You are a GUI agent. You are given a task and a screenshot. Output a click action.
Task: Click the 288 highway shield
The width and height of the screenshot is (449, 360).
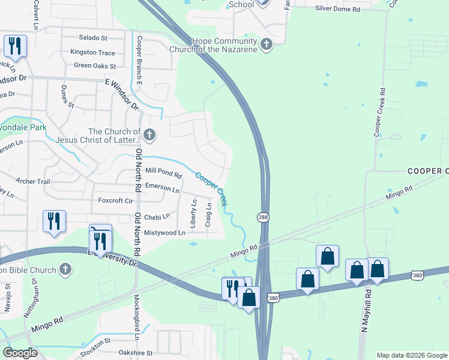coord(263,217)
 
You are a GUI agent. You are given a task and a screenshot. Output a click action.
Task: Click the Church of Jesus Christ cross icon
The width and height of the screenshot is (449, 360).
coord(149,136)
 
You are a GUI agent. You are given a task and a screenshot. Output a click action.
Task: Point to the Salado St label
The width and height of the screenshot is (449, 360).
coord(93,37)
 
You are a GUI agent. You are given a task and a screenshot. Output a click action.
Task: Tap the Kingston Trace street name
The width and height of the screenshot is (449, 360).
coord(92,52)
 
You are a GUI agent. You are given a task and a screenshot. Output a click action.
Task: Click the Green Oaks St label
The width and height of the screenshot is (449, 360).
coord(94,65)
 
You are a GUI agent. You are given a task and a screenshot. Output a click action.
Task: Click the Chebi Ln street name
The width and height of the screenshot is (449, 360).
coord(157,216)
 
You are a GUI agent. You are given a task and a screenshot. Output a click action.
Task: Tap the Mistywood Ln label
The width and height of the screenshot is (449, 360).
coord(164,232)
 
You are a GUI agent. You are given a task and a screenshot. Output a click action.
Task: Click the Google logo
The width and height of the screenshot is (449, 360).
coord(20,353)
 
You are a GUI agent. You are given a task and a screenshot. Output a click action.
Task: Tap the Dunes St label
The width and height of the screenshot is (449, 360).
coord(67,96)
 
